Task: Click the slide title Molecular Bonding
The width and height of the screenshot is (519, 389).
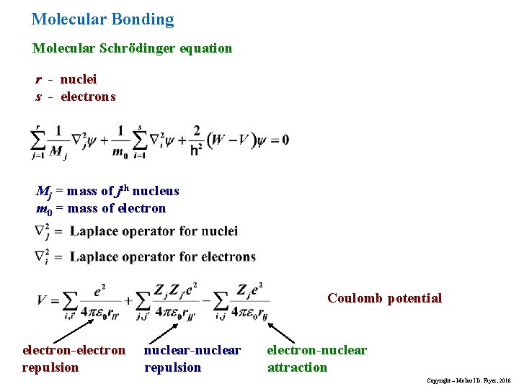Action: (x=103, y=19)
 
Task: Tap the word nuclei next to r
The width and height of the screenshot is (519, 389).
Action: (x=79, y=79)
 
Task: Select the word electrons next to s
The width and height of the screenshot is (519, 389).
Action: (x=88, y=97)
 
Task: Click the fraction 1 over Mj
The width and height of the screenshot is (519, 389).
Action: (x=58, y=140)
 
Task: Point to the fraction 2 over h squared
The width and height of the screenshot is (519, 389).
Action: (x=196, y=140)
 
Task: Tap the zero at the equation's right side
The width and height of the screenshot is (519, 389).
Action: (x=285, y=140)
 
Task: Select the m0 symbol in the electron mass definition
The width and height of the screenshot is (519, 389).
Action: (x=43, y=209)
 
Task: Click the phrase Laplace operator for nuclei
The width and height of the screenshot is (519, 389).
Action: (x=154, y=231)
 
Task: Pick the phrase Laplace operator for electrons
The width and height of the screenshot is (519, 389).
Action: (x=163, y=256)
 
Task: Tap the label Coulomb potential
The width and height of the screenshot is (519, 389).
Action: (x=384, y=298)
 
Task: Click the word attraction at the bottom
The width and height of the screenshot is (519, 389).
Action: (x=297, y=367)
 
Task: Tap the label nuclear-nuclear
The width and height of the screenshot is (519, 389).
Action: (x=192, y=350)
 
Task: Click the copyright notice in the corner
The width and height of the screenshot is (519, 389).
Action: (x=469, y=380)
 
